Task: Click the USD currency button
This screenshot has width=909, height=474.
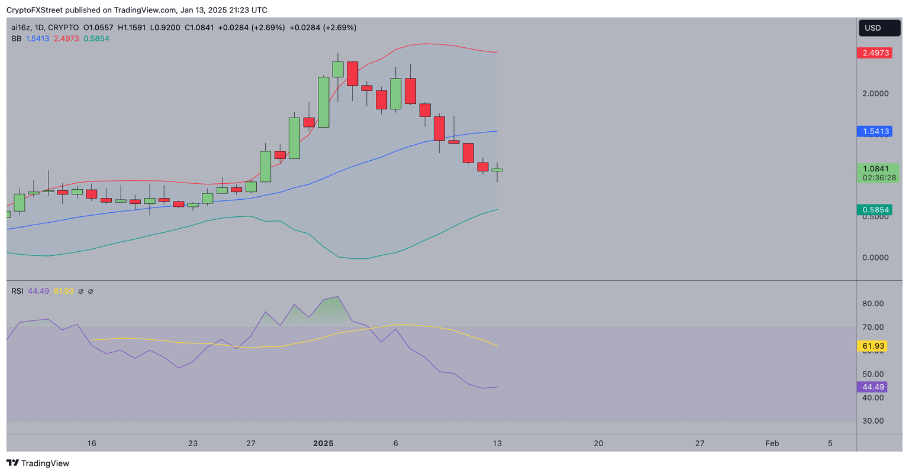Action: click(x=879, y=28)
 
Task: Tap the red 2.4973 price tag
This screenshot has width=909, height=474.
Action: click(x=875, y=53)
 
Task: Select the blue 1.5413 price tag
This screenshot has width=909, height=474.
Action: click(x=875, y=131)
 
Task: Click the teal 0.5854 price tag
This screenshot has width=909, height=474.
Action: click(x=875, y=210)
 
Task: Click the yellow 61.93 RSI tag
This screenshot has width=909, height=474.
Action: click(x=873, y=346)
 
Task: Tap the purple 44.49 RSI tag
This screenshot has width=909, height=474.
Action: click(x=873, y=387)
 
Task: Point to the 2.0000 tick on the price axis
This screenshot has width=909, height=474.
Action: click(x=875, y=93)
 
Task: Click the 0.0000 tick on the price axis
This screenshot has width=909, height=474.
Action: click(x=875, y=258)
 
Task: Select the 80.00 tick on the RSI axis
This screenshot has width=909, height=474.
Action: click(x=873, y=304)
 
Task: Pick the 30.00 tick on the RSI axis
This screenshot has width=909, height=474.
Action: click(x=873, y=421)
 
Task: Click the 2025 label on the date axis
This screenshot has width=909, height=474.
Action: click(x=324, y=443)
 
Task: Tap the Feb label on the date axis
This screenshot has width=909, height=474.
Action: click(x=772, y=443)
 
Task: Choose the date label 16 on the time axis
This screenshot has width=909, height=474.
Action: click(x=92, y=443)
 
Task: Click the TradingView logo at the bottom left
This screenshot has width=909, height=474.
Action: click(x=38, y=463)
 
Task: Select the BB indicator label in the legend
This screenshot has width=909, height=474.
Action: click(x=17, y=38)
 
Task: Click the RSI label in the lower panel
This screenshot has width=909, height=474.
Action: click(x=17, y=291)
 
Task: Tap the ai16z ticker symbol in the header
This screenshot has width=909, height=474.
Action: click(x=21, y=28)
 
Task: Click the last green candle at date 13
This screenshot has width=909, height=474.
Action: click(x=497, y=170)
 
